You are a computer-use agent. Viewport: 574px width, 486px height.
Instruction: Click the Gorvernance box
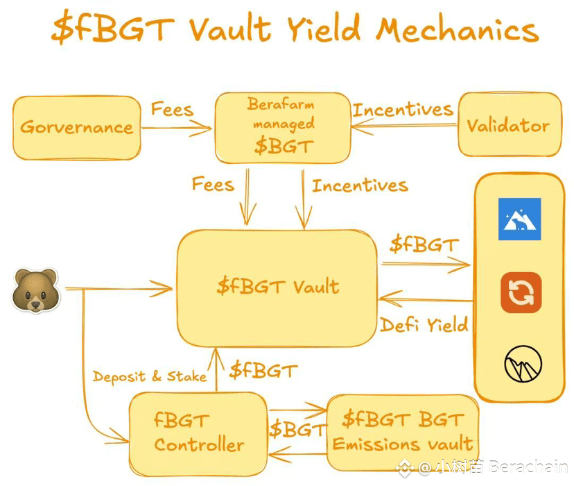[x=76, y=127]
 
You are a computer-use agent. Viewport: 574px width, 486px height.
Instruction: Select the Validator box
[x=507, y=125]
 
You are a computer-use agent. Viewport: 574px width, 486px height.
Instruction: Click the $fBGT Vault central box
[x=277, y=287]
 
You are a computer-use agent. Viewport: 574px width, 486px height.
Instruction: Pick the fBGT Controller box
[x=198, y=433]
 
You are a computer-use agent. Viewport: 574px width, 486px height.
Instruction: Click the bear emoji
[x=35, y=291]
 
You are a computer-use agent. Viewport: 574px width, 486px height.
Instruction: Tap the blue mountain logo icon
[x=519, y=219]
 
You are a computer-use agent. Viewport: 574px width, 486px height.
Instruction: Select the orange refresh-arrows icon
[x=521, y=292]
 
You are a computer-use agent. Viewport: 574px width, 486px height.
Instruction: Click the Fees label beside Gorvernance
[x=172, y=110]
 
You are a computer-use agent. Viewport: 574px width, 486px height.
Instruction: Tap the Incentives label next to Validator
[x=402, y=110]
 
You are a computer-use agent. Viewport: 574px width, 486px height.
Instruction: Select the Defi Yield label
[x=424, y=324]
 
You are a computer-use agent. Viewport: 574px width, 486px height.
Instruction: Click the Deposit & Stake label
[x=150, y=376]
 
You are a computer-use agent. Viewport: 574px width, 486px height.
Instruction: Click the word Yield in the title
[x=323, y=29]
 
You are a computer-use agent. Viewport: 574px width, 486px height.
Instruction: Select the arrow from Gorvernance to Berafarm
[x=177, y=127]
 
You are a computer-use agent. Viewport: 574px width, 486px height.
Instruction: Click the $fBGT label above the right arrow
[x=423, y=244]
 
